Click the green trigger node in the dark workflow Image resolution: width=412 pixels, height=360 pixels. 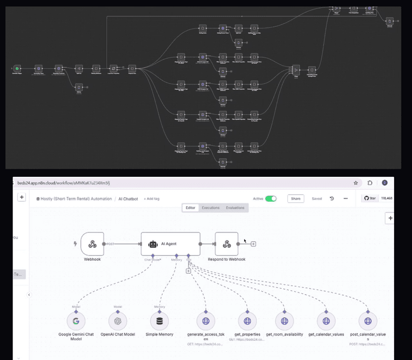[16, 68]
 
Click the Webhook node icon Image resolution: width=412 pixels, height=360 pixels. [92, 244]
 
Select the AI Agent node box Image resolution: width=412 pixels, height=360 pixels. [170, 244]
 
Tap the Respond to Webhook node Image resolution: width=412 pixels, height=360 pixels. [227, 244]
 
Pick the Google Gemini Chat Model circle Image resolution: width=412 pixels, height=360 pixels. [76, 321]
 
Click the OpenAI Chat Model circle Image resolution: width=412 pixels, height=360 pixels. [118, 321]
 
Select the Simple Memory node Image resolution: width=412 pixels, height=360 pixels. [160, 321]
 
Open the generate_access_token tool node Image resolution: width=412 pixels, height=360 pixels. [205, 321]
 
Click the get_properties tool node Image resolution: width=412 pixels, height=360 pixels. [247, 321]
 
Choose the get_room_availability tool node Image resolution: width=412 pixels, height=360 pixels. [284, 321]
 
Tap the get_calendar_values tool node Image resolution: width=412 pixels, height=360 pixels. [326, 321]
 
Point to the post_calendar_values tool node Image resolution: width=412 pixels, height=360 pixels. [368, 321]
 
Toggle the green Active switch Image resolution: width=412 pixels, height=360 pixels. [271, 199]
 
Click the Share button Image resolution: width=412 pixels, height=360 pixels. [296, 199]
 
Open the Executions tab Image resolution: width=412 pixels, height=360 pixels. [210, 208]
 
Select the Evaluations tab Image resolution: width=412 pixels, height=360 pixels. [235, 208]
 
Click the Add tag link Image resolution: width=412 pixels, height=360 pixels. [151, 199]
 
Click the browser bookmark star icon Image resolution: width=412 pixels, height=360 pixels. [356, 183]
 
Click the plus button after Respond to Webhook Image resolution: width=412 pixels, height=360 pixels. [253, 244]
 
